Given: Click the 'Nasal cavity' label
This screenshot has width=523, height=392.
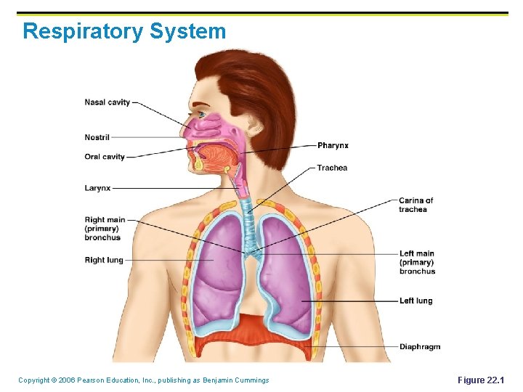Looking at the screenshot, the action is coord(108,102).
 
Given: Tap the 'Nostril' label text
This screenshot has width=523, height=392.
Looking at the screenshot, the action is coord(97,137).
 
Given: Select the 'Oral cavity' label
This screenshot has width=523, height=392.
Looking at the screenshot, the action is coord(105,157).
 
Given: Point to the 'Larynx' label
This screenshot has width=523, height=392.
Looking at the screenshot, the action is coord(98,188).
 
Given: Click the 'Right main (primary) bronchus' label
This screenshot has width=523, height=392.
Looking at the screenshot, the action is coord(105,229).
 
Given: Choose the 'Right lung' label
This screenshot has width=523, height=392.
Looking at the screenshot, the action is coord(104,260).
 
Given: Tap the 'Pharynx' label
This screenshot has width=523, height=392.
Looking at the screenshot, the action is coord(333,146).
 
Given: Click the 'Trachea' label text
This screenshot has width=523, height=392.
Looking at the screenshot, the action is coord(332,168).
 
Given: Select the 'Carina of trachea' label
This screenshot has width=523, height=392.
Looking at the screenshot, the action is coord(415,205).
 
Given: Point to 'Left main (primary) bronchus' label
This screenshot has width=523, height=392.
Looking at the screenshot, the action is coord(417,263).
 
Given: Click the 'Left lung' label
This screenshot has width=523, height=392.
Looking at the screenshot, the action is coord(415,301).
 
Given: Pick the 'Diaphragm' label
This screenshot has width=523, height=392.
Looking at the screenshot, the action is coord(419,347).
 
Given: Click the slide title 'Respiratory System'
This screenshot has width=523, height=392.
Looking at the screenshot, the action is coord(124,31).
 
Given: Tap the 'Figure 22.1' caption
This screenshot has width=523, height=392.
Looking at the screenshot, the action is coord(480,380).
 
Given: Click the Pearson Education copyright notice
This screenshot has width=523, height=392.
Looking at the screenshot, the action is coord(143,380).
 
